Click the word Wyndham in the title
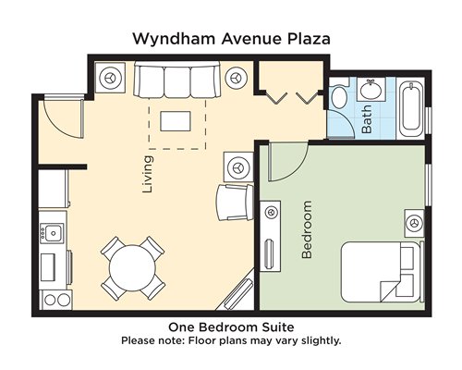tap(174, 39)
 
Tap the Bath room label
tap(367, 119)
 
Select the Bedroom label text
tap(307, 229)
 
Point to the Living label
tap(148, 174)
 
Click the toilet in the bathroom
tap(339, 94)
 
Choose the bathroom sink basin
tap(371, 90)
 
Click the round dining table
tap(132, 268)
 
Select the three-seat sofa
tap(177, 80)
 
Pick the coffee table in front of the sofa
tap(176, 121)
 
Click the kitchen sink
tap(53, 233)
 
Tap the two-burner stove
tap(57, 300)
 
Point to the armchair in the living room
tap(235, 202)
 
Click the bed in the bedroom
tap(383, 272)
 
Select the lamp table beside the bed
tap(415, 223)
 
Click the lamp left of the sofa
tap(110, 78)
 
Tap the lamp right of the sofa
tap(237, 78)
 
